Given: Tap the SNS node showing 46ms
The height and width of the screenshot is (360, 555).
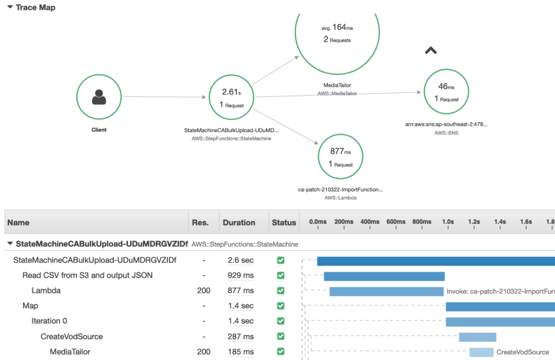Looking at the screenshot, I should tap(447, 92).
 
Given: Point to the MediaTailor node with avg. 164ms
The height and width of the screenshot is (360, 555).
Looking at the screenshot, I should tap(337, 33).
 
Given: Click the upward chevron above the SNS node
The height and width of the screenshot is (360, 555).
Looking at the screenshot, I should tap(431, 50).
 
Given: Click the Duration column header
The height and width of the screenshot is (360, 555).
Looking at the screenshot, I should tap(238, 222).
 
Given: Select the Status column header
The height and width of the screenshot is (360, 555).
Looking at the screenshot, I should tap(284, 222).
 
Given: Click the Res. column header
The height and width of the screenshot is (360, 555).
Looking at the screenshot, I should tap(200, 222).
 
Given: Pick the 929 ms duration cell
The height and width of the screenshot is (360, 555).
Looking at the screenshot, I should tap(241, 275).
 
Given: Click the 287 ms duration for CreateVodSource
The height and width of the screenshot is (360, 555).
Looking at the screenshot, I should tap(241, 336).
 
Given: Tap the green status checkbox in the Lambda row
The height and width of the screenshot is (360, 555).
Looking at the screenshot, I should tap(281, 291).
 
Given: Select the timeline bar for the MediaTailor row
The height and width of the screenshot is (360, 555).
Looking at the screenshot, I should tap(481, 352).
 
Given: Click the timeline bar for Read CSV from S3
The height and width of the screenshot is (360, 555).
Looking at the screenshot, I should tap(384, 276).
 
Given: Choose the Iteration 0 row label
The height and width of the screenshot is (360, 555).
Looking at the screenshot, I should tap(49, 321).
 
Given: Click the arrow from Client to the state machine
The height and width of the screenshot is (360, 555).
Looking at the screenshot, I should tap(165, 98).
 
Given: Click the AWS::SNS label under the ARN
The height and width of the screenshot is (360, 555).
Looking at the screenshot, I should tap(446, 132).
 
